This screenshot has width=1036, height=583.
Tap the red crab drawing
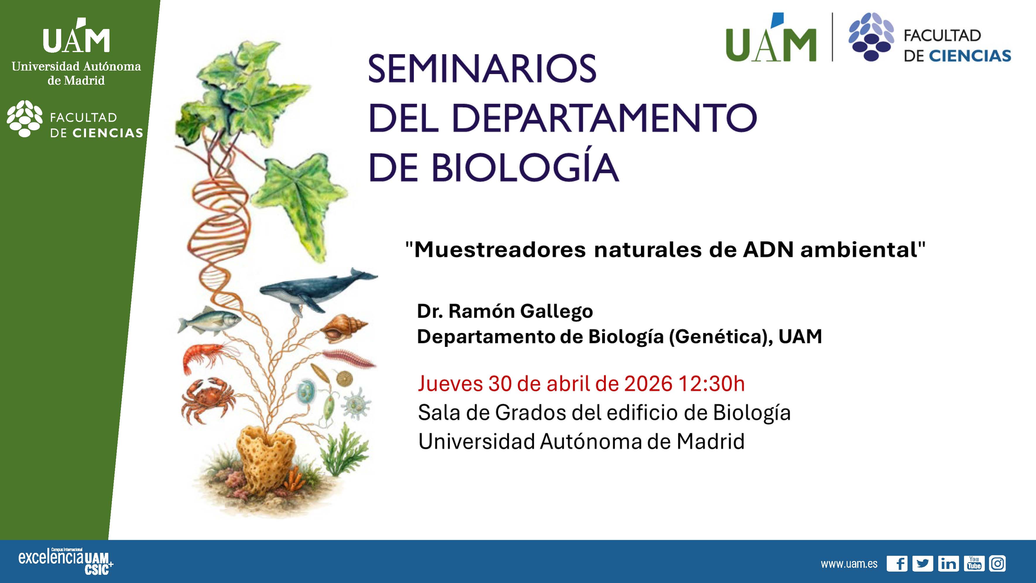click(207, 400)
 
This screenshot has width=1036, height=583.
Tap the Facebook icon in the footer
click(897, 564)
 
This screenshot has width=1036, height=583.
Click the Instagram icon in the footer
click(997, 564)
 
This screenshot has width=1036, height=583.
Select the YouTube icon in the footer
click(974, 564)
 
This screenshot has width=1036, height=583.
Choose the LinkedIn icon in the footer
click(948, 564)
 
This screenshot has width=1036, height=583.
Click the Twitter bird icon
click(922, 564)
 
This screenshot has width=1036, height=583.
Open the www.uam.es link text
click(849, 564)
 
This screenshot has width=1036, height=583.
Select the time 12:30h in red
click(711, 384)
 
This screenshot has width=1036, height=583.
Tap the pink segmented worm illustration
click(349, 359)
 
